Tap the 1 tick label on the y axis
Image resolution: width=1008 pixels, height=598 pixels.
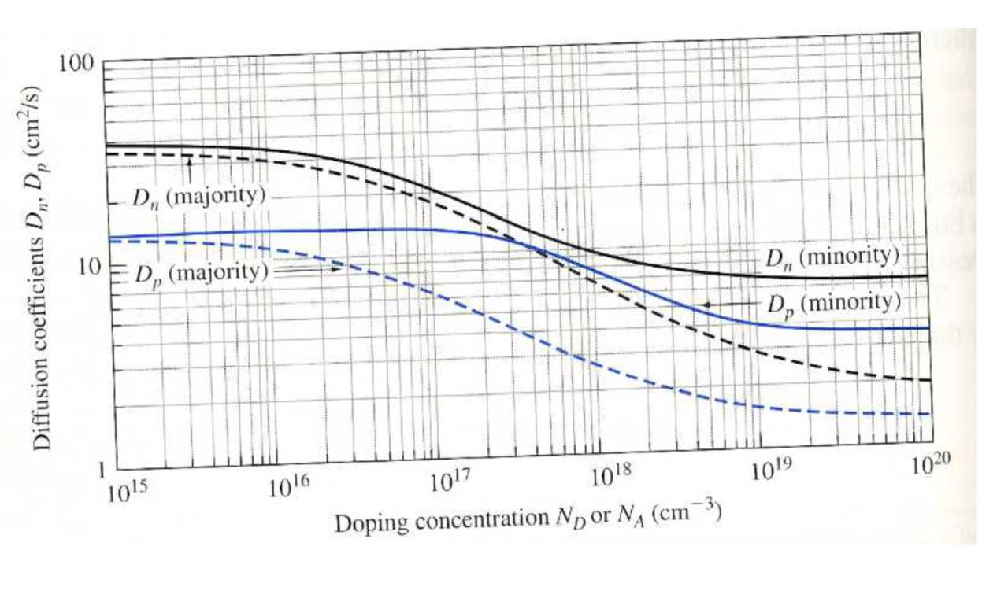coord(101,471)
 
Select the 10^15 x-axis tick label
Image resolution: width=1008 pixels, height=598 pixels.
coord(127,493)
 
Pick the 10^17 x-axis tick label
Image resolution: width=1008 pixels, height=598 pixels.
coord(450,480)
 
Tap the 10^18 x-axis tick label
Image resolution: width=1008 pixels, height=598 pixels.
coord(610,475)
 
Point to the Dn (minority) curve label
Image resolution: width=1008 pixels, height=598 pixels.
coord(832,257)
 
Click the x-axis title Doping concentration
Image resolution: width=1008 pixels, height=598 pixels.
coord(528,519)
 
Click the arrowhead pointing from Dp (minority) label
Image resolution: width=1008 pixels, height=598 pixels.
coord(703,304)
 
